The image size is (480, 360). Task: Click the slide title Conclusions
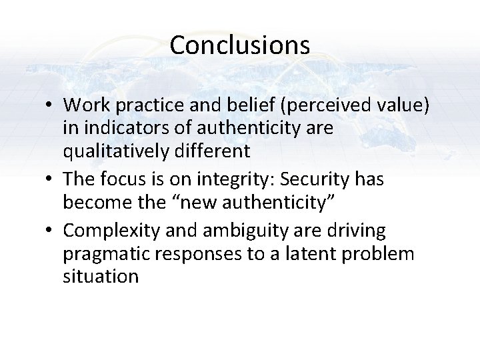(x=239, y=45)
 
